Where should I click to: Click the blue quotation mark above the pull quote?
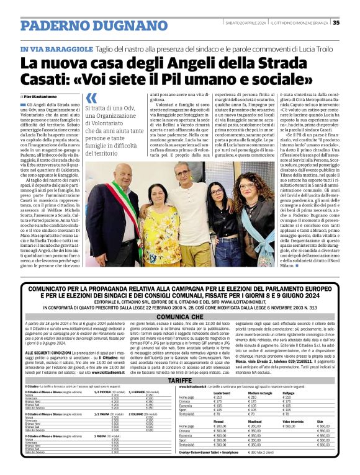(91, 97)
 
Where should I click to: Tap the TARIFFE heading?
(179, 380)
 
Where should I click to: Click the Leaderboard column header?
(222, 393)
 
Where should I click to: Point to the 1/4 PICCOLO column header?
(107, 393)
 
